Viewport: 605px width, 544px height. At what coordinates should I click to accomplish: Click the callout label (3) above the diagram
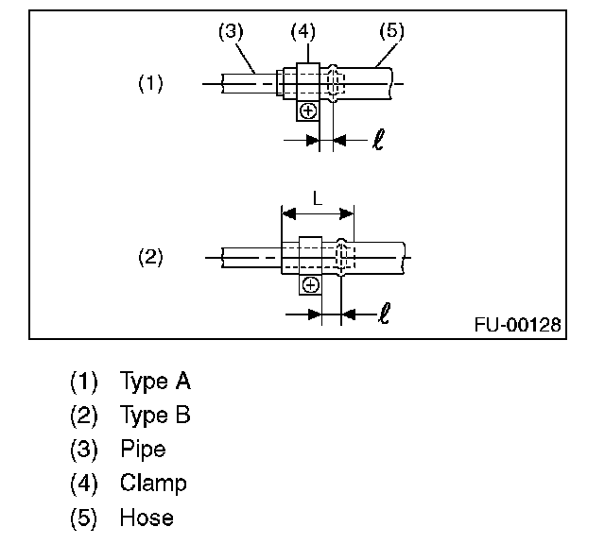click(231, 31)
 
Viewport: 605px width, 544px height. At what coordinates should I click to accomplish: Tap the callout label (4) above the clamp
click(302, 31)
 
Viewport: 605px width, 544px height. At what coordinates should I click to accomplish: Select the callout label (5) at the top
click(390, 31)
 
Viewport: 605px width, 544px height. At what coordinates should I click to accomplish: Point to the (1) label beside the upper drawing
click(150, 84)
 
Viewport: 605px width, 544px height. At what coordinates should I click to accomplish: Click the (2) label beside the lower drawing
click(150, 257)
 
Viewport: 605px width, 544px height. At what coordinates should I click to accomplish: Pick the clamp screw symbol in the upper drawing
click(308, 111)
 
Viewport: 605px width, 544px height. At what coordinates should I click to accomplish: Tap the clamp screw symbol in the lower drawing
click(310, 284)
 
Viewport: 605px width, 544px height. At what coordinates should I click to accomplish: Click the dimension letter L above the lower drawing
click(317, 200)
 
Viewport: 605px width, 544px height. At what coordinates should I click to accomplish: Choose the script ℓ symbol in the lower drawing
click(382, 312)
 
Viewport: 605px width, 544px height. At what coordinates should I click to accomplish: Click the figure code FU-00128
click(518, 325)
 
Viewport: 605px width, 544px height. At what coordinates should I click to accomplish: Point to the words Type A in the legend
click(155, 382)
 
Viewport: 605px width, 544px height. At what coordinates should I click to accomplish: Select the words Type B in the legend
click(155, 416)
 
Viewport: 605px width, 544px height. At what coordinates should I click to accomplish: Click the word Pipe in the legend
click(143, 450)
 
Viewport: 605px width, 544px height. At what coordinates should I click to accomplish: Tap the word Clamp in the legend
click(153, 484)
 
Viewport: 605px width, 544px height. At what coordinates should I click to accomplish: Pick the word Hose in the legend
click(147, 518)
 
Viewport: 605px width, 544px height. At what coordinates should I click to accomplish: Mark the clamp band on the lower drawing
click(311, 255)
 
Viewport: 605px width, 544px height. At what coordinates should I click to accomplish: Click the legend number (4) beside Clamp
click(84, 484)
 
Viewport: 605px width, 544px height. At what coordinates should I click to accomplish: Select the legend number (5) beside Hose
click(84, 518)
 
